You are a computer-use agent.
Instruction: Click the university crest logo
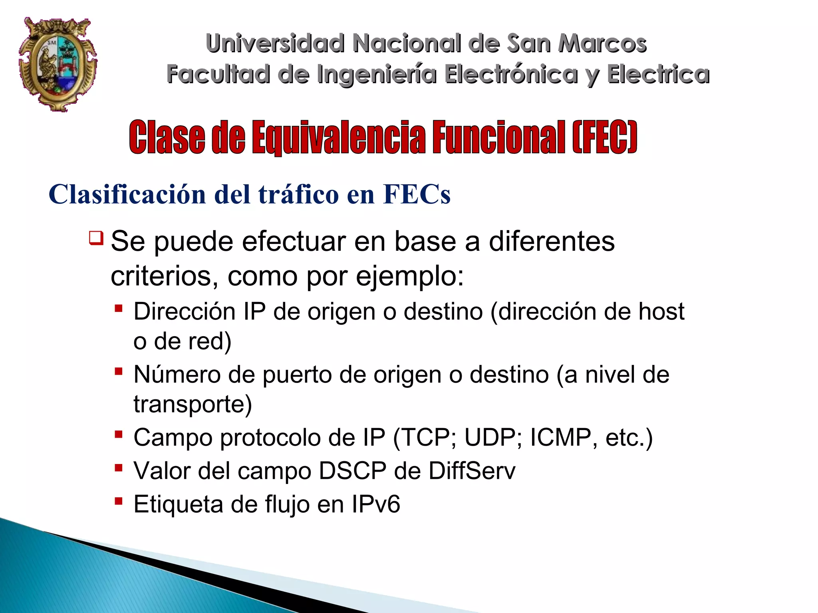(x=58, y=64)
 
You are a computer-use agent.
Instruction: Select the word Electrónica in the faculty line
(x=511, y=74)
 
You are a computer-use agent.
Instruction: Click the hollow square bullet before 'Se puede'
(x=96, y=238)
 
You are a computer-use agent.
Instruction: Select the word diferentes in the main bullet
(x=552, y=242)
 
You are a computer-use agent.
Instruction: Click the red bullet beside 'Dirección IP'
(x=118, y=308)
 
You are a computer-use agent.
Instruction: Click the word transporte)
(x=193, y=404)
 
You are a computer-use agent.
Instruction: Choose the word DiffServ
(x=472, y=471)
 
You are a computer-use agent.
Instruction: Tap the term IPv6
(x=375, y=504)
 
